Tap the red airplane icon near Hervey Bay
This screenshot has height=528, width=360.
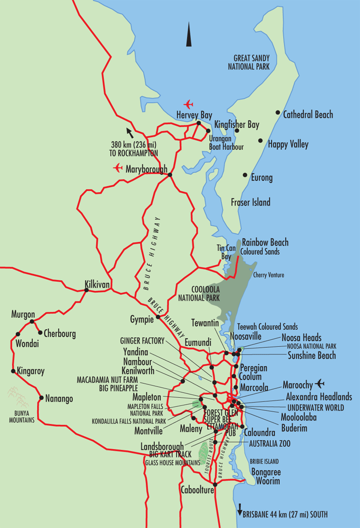point(188,105)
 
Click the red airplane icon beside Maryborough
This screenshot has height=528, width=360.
point(118,168)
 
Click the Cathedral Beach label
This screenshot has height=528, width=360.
point(308,115)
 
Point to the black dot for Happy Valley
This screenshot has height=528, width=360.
point(260,141)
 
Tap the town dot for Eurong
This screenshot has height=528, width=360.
point(245,175)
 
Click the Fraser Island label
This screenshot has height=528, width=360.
point(250,202)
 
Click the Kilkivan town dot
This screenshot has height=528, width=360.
point(87,290)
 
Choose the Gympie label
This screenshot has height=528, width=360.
point(141,319)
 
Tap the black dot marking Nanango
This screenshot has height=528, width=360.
point(41,398)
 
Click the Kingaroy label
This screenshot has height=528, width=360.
point(30,371)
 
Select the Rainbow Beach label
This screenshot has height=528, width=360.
point(265,243)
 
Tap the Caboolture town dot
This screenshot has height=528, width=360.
point(215,484)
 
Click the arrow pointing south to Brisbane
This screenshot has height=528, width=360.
point(239,507)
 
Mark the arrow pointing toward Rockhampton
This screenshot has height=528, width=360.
point(129,133)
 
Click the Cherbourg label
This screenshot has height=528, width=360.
point(59,333)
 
